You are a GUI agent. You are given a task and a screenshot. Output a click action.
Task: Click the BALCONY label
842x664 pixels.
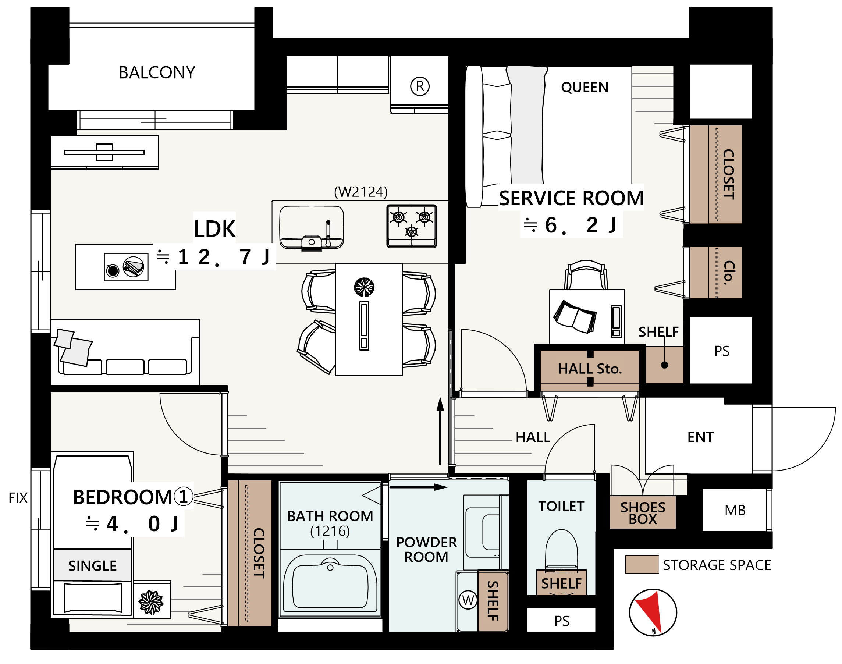[157, 73]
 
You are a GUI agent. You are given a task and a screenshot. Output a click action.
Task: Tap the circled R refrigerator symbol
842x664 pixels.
[419, 86]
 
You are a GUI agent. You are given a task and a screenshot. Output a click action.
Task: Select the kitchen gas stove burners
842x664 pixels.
[411, 226]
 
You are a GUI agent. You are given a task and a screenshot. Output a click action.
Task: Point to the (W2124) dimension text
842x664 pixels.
[360, 192]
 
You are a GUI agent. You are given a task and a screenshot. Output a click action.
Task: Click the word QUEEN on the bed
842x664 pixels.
[584, 88]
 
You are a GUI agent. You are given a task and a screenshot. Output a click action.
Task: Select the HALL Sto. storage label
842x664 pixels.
[589, 369]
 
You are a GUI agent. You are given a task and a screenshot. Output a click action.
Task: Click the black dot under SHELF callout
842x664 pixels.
[664, 365]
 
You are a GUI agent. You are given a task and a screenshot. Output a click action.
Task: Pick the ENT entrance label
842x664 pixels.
[700, 437]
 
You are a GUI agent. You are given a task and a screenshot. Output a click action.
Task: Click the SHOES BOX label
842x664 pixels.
[642, 513]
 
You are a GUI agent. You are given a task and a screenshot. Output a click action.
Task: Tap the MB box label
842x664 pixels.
[735, 511]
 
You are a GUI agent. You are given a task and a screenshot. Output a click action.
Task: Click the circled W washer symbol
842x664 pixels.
[468, 600]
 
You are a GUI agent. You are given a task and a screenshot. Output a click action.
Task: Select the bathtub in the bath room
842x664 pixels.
[330, 583]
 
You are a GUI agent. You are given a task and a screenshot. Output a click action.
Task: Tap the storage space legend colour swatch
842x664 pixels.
[642, 564]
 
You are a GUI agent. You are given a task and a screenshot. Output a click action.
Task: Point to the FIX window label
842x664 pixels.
[18, 498]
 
